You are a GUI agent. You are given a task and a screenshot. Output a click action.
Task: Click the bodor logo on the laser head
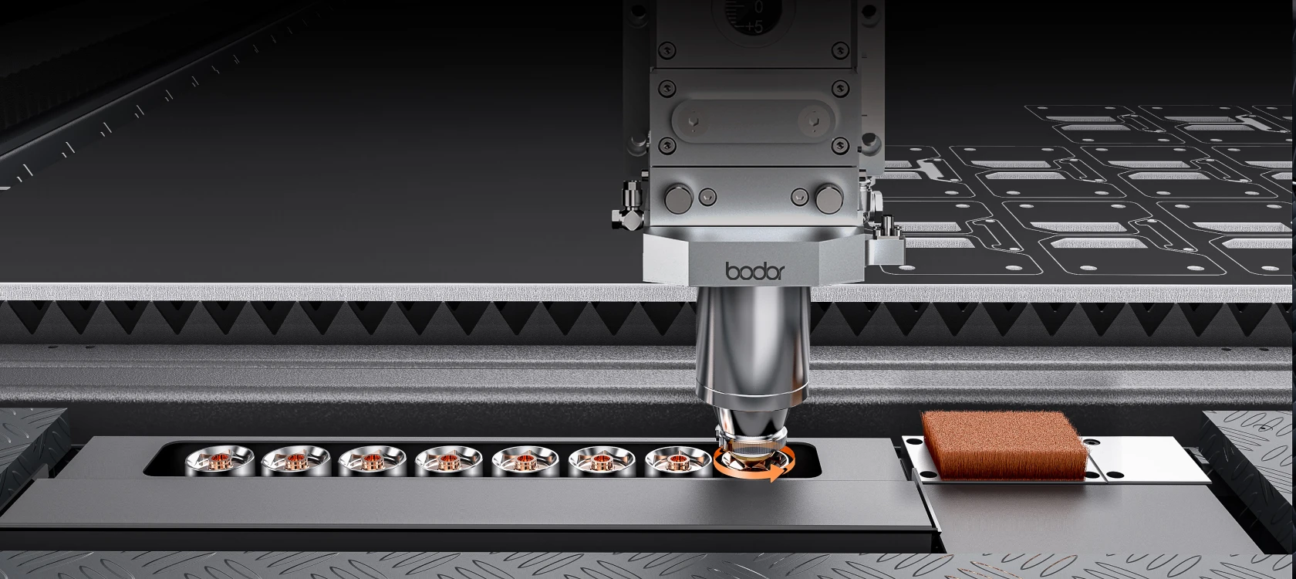point(755,270)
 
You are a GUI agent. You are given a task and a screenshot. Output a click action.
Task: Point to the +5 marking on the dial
point(753,26)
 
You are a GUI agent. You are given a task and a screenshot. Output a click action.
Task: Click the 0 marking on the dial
point(758,7)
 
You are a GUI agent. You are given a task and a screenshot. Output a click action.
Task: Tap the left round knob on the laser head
point(679,198)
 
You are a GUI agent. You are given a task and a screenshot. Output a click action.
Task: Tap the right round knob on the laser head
point(830,198)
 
